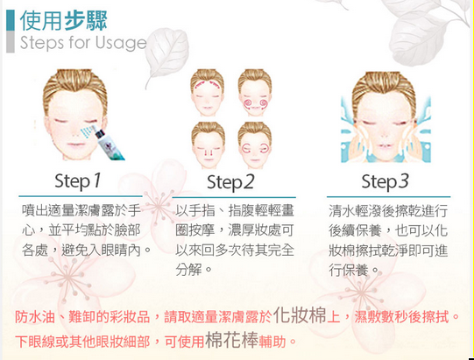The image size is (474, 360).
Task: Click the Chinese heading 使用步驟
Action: (63, 20)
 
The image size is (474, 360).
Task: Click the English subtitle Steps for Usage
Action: (83, 43)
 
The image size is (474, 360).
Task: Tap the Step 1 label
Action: (78, 180)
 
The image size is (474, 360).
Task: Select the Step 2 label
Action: (230, 182)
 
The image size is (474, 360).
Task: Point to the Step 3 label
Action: (385, 182)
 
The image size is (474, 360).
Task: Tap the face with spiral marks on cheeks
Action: (255, 93)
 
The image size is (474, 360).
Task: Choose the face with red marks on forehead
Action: (208, 93)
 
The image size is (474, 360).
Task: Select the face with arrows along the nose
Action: (208, 145)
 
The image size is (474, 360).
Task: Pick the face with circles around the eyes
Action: (255, 145)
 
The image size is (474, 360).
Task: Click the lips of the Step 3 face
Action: (383, 146)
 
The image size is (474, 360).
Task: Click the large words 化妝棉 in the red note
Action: (300, 316)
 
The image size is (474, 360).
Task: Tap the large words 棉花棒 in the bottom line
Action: (231, 340)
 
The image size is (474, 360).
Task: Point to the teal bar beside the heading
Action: (11, 20)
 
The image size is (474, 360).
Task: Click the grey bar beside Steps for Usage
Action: (11, 42)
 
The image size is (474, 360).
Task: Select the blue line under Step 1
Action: (81, 196)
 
